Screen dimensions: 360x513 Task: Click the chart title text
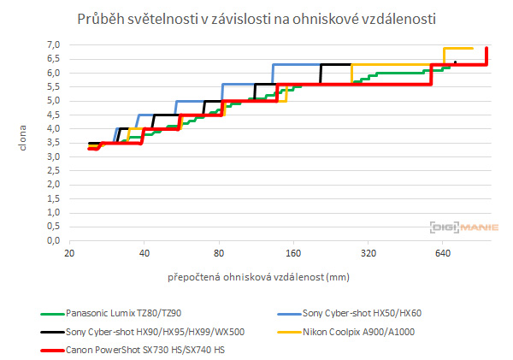[256, 18]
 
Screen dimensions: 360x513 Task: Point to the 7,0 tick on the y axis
[53, 44]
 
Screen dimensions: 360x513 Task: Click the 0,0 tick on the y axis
[53, 241]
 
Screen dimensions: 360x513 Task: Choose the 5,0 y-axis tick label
[53, 101]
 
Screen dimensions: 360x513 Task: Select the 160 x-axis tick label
[293, 254]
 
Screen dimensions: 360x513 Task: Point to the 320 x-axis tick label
[369, 254]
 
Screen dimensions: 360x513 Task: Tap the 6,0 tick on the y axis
[53, 73]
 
